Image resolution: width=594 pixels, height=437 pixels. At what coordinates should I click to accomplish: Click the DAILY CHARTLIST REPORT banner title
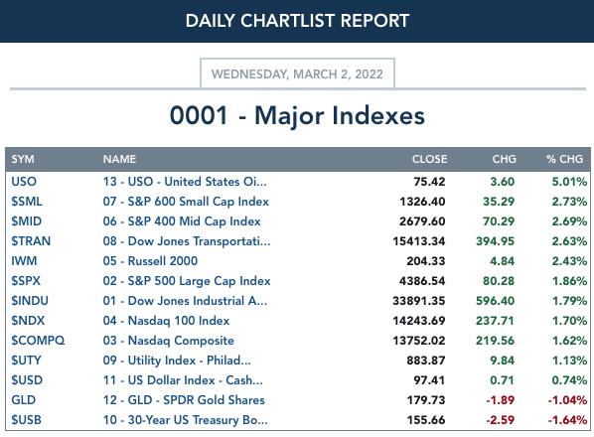[x=297, y=21]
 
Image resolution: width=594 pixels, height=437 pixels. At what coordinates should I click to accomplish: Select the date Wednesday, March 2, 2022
[x=297, y=73]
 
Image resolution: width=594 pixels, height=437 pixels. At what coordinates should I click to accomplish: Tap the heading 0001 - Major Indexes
[x=297, y=115]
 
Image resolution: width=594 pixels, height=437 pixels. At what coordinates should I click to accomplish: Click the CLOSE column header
[x=429, y=159]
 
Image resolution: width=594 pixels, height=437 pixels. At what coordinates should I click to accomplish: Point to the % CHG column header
[x=564, y=159]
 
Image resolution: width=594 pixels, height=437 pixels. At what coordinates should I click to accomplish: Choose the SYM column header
[x=23, y=159]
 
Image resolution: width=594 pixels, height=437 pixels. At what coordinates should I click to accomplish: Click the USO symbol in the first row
[x=24, y=182]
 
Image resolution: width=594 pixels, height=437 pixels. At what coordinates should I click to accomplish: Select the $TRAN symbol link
[x=31, y=241]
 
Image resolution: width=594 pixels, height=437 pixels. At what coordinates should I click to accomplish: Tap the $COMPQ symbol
[x=38, y=341]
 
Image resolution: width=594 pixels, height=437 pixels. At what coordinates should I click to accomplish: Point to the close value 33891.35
[x=419, y=301]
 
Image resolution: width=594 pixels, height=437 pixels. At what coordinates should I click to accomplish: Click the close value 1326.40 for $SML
[x=422, y=202]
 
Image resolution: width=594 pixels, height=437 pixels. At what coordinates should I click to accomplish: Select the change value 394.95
[x=495, y=241]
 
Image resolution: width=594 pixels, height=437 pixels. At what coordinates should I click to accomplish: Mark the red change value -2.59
[x=500, y=420]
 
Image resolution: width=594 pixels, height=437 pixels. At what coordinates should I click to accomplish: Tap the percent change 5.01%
[x=569, y=182]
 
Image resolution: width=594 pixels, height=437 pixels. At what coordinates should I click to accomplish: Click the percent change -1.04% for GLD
[x=567, y=400]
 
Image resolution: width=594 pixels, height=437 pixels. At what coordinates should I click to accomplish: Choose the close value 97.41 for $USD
[x=429, y=380]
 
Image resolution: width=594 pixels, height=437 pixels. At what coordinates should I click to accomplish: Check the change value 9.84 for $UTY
[x=503, y=361]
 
